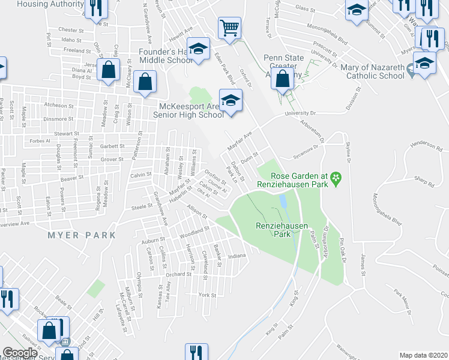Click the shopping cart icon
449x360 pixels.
pyautogui.click(x=229, y=28)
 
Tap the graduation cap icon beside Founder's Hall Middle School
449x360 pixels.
pyautogui.click(x=197, y=49)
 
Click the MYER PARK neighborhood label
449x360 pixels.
pyautogui.click(x=82, y=235)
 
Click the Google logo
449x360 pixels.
pyautogui.click(x=19, y=353)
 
